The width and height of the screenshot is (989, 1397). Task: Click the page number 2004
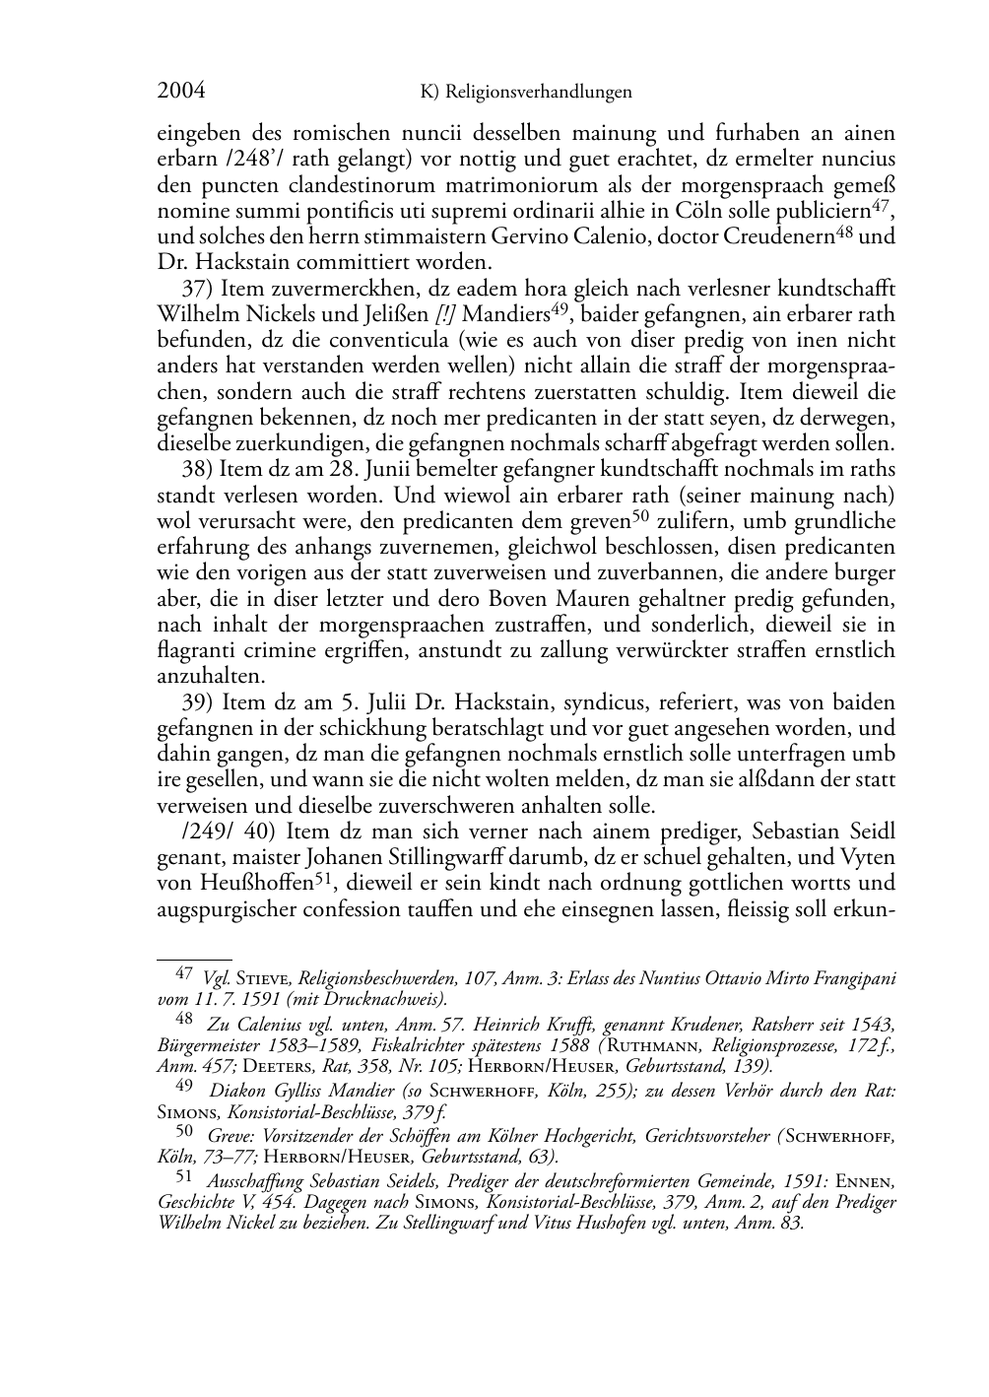click(181, 92)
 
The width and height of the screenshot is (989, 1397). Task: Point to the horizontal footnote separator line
click(194, 957)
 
